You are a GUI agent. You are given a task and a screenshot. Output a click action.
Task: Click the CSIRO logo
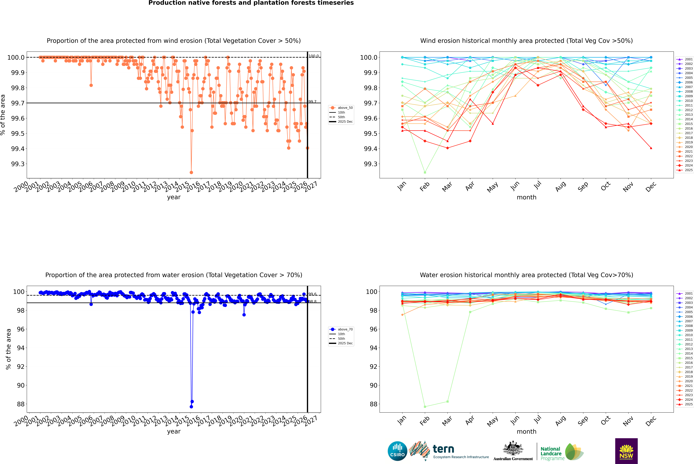(397, 451)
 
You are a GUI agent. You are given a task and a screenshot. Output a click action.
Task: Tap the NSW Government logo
(626, 451)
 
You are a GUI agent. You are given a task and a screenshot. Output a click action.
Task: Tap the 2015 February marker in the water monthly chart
(425, 407)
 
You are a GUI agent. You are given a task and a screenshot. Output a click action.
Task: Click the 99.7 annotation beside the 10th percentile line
(312, 101)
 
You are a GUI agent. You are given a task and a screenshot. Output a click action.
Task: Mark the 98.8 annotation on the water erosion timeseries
(312, 302)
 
